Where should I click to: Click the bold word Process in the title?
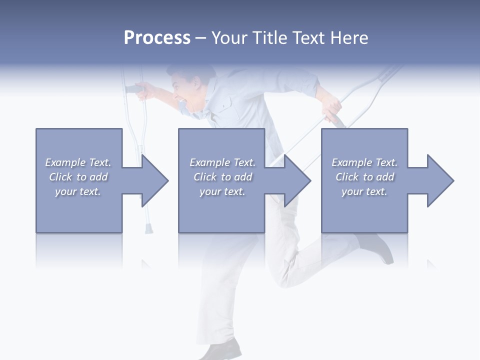(x=157, y=38)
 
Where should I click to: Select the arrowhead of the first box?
(x=154, y=180)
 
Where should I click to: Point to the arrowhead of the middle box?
(x=297, y=180)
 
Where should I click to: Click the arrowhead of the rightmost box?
(x=440, y=180)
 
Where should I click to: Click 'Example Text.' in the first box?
(x=78, y=162)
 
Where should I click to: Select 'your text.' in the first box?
(x=78, y=191)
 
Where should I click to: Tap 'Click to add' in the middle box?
(x=222, y=177)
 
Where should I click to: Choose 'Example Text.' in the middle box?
(x=222, y=162)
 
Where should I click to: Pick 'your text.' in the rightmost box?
(x=364, y=191)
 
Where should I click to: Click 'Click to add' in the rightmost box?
(x=364, y=177)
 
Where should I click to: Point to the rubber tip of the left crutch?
(x=148, y=229)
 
